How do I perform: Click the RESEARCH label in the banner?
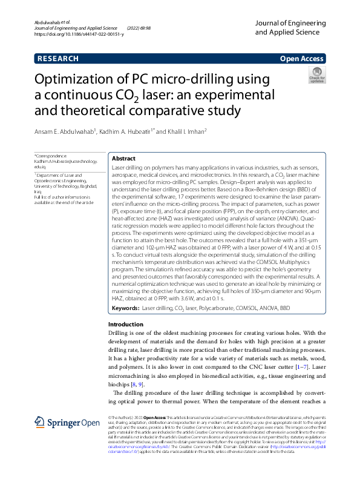[58, 59]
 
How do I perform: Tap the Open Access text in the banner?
[301, 59]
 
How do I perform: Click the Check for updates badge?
[316, 76]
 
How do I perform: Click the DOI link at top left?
[79, 35]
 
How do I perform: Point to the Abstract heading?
[124, 158]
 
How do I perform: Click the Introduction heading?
[125, 325]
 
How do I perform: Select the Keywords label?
[125, 308]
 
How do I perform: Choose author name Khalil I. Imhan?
[185, 131]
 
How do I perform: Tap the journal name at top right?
[290, 27]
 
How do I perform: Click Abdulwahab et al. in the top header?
[52, 21]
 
